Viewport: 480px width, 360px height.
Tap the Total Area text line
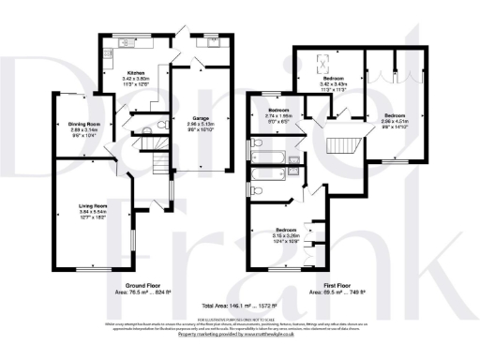click(240, 306)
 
